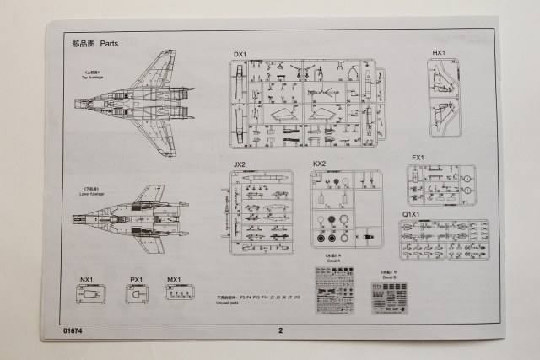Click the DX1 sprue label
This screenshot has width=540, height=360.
(x=240, y=55)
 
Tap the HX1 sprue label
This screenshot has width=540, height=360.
(x=439, y=53)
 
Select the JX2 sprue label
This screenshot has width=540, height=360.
(x=240, y=164)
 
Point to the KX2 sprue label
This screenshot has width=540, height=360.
(x=319, y=164)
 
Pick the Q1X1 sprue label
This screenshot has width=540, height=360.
(x=411, y=214)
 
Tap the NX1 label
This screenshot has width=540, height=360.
(x=87, y=279)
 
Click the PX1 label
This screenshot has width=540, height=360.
(x=136, y=279)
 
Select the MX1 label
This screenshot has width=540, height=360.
(x=174, y=279)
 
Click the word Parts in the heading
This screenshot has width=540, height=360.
(x=110, y=42)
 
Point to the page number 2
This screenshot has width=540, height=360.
(x=280, y=330)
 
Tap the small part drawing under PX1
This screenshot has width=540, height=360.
(x=136, y=294)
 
